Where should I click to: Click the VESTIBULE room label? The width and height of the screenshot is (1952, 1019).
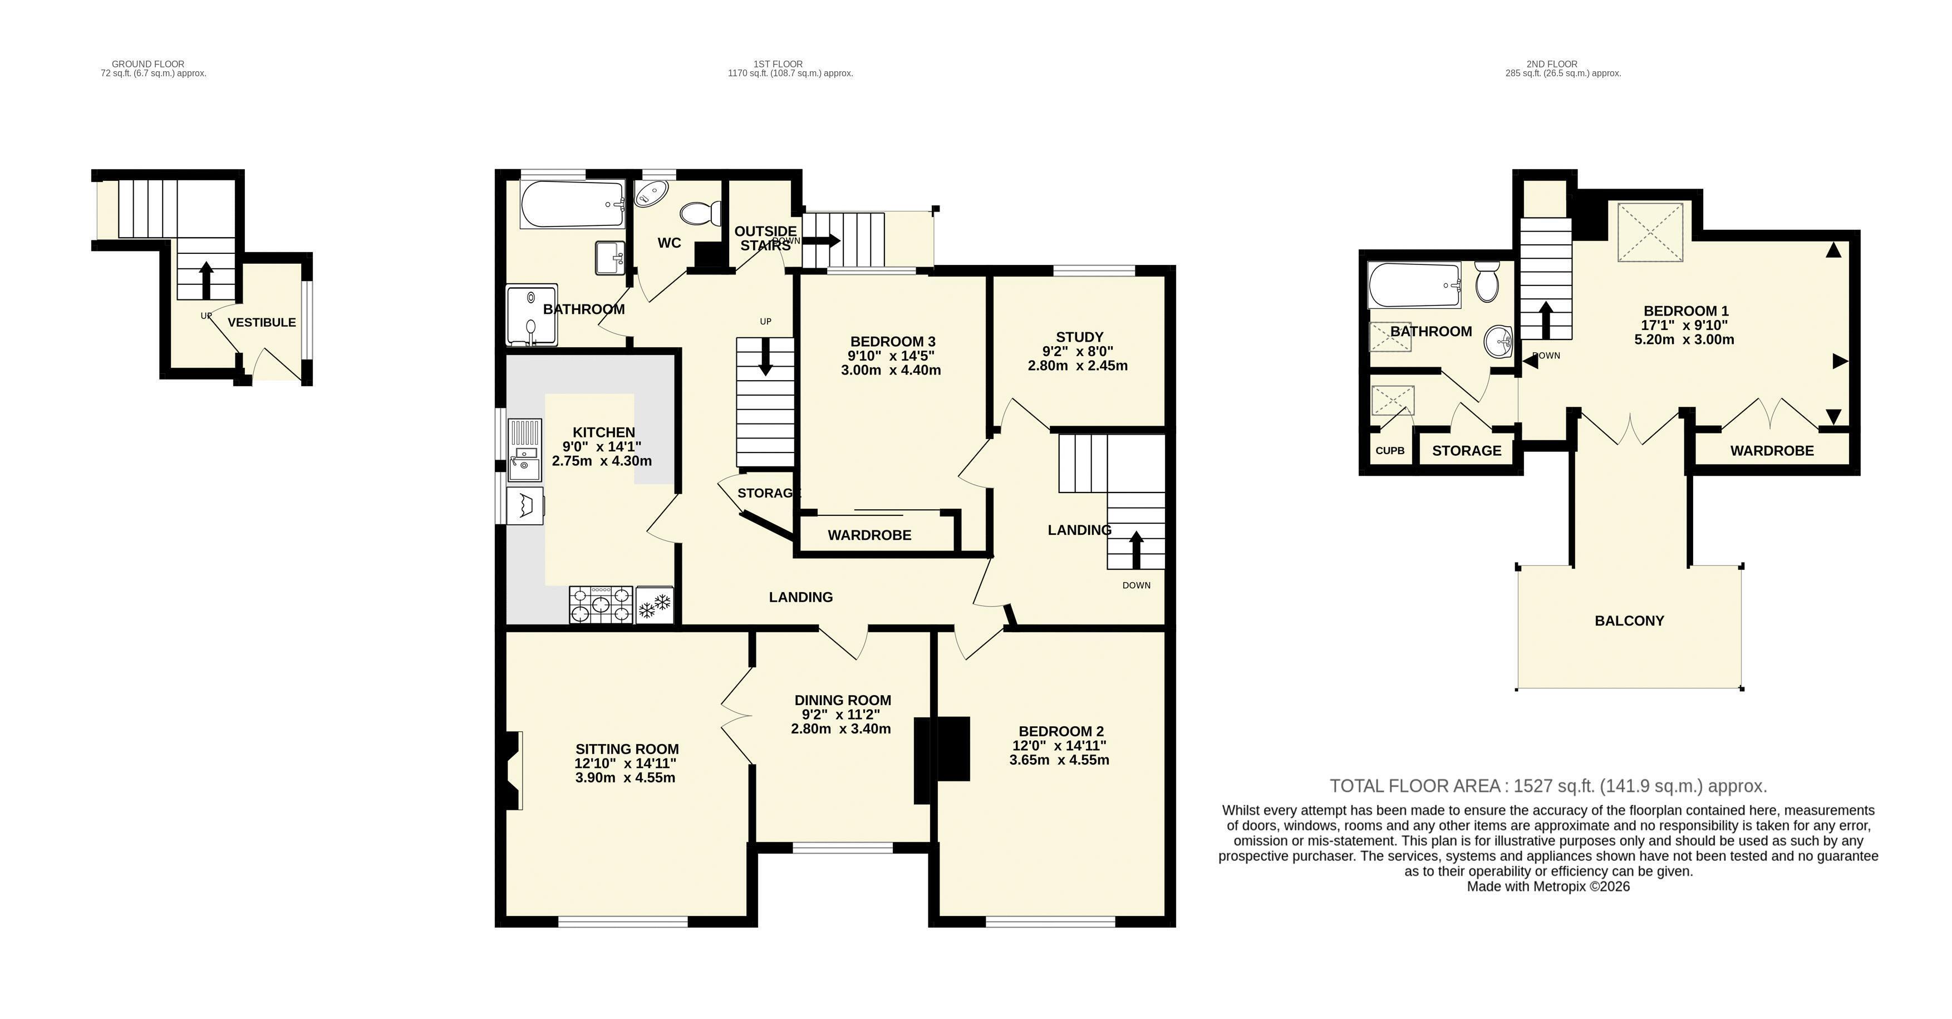pyautogui.click(x=262, y=323)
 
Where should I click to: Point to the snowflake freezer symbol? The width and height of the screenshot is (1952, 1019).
pyautogui.click(x=655, y=604)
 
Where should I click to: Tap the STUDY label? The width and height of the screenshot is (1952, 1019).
pyautogui.click(x=1079, y=337)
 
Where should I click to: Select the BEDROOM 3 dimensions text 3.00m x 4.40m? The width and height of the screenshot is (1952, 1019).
pyautogui.click(x=891, y=371)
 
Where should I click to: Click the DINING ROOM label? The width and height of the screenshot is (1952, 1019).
pyautogui.click(x=843, y=700)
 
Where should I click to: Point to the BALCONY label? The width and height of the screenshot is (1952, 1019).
pyautogui.click(x=1629, y=621)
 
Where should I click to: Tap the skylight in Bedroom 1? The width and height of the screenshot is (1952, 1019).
pyautogui.click(x=1650, y=232)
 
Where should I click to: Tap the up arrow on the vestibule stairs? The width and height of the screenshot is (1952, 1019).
pyautogui.click(x=205, y=280)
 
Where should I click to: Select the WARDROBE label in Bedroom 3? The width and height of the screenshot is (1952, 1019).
pyautogui.click(x=869, y=535)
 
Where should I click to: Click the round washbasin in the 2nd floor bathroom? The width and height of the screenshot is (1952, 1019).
pyautogui.click(x=1497, y=342)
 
